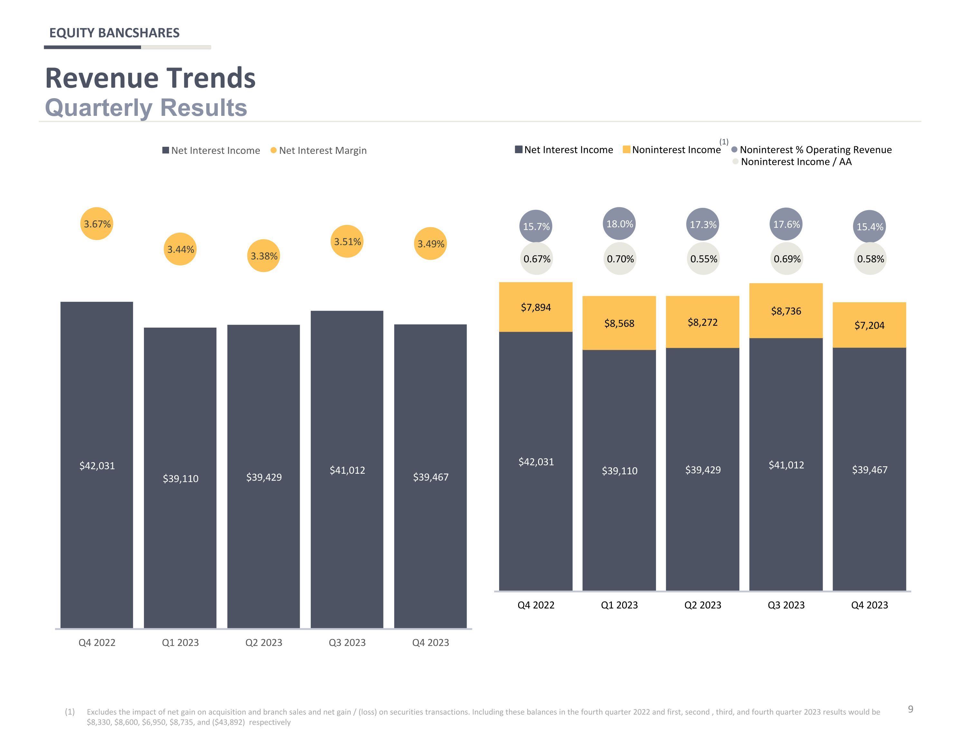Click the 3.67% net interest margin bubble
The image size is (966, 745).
tap(97, 224)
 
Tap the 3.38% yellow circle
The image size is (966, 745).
tap(264, 256)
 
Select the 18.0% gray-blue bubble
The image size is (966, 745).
tap(619, 224)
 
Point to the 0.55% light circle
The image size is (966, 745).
tap(703, 259)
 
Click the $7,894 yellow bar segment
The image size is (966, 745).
tap(535, 307)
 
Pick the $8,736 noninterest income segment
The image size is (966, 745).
tap(786, 311)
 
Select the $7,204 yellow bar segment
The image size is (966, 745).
tap(869, 325)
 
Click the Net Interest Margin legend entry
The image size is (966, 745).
tap(318, 150)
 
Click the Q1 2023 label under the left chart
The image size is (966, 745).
tap(180, 642)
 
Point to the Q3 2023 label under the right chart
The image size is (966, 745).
tap(786, 605)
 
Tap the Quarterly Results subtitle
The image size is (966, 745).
tap(146, 107)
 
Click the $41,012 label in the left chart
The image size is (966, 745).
tap(347, 470)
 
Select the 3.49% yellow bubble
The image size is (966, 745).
tap(431, 244)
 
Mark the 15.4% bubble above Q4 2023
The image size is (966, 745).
tap(870, 226)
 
